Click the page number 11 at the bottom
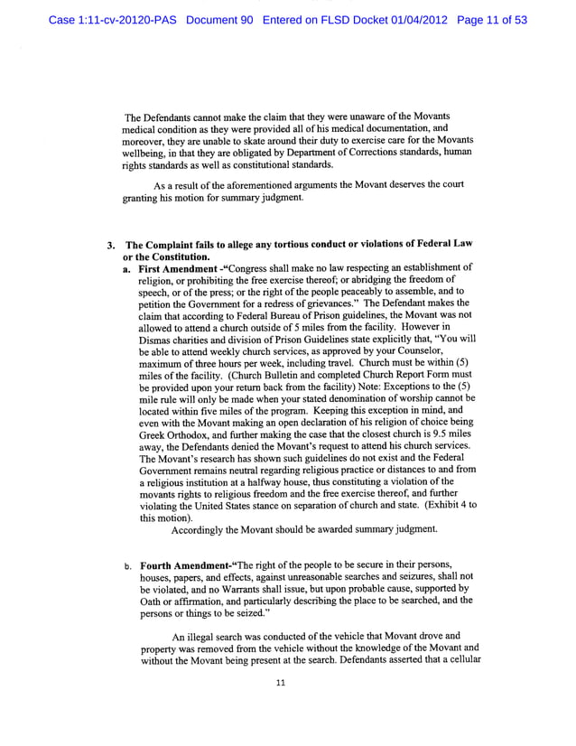tap(281, 683)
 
